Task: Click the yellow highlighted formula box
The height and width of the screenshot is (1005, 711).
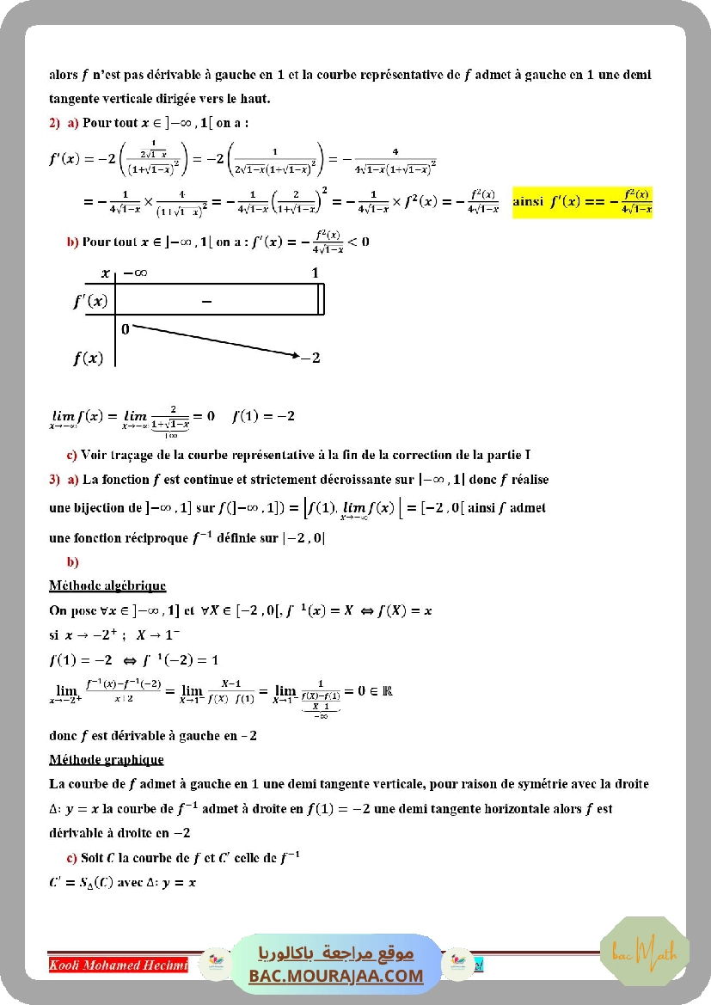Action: (582, 202)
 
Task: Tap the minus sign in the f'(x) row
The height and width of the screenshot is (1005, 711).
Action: (205, 301)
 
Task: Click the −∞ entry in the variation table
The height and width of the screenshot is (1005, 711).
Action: (135, 273)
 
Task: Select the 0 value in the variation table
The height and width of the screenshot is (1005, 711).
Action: (126, 328)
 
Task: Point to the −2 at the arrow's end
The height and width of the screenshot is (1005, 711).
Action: (310, 358)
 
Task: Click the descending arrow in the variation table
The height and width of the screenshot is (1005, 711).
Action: (215, 340)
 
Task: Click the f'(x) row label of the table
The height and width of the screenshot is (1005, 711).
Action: (90, 301)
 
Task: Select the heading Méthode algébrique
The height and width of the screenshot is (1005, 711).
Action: (107, 586)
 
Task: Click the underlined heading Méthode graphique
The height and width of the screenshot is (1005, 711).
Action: (107, 760)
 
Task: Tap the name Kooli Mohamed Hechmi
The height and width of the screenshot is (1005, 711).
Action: (119, 965)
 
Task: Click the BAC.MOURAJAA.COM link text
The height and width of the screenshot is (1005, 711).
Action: (336, 976)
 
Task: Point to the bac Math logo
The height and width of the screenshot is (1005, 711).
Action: (644, 953)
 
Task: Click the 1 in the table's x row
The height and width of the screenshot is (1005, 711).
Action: (315, 273)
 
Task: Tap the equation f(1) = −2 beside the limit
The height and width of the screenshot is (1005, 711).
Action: (263, 416)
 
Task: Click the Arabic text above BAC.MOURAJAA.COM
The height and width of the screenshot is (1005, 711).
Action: (336, 953)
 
